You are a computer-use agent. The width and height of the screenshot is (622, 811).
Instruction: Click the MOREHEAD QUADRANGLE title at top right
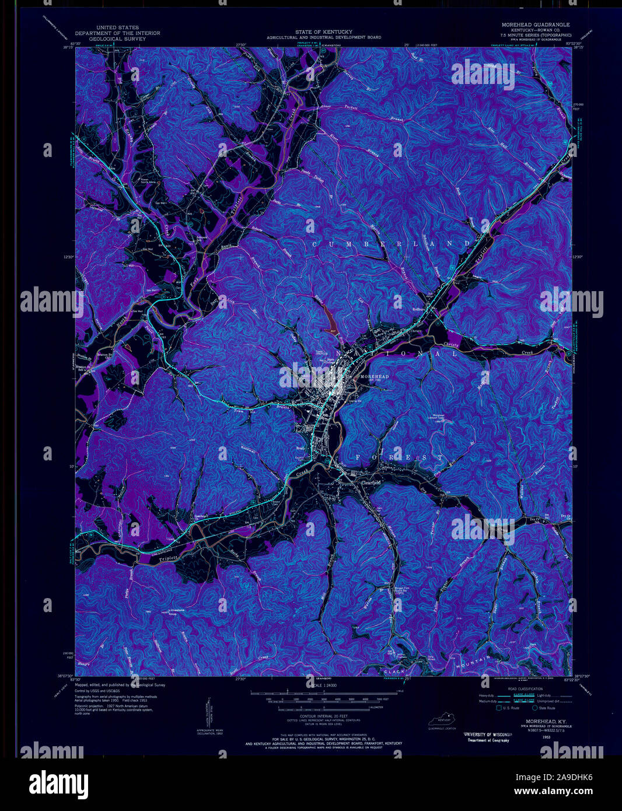pyautogui.click(x=535, y=25)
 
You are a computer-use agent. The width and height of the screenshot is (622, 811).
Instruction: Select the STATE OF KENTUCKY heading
pyautogui.click(x=324, y=32)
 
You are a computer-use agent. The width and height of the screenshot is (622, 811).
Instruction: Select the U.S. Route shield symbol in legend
pyautogui.click(x=499, y=708)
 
